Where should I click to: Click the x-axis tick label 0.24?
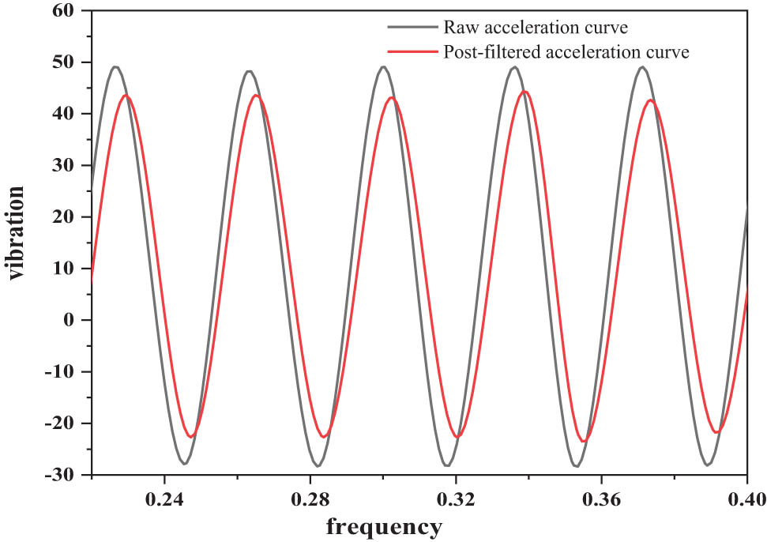(164, 500)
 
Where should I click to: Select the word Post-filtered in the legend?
(482, 52)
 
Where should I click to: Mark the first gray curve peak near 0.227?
(115, 66)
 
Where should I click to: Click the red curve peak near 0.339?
(524, 91)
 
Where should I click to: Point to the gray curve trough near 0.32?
(448, 465)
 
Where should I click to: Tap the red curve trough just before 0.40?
(717, 432)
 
